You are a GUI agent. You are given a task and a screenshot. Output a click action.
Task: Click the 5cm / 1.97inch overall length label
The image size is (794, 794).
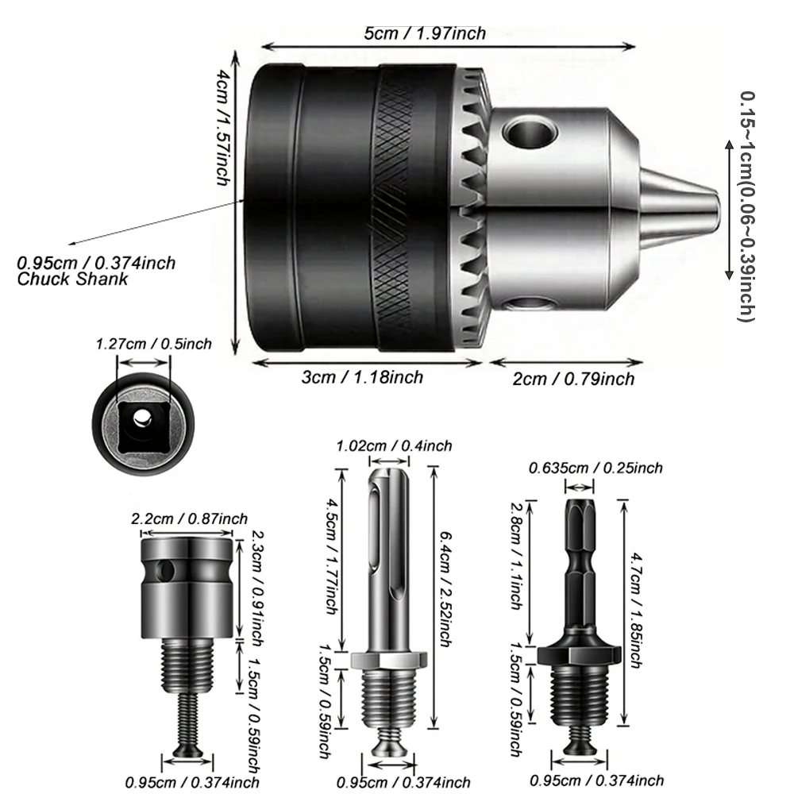pyautogui.click(x=425, y=33)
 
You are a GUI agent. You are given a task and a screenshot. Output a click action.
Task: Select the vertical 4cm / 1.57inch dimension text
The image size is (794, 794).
pyautogui.click(x=224, y=127)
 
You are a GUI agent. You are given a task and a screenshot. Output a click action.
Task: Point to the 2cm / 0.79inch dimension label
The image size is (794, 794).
pyautogui.click(x=573, y=379)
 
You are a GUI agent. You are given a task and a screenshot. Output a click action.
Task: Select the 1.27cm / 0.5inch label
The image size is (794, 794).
pyautogui.click(x=154, y=344)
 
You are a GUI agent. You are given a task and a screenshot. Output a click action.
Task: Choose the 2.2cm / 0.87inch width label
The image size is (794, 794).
pyautogui.click(x=183, y=518)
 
